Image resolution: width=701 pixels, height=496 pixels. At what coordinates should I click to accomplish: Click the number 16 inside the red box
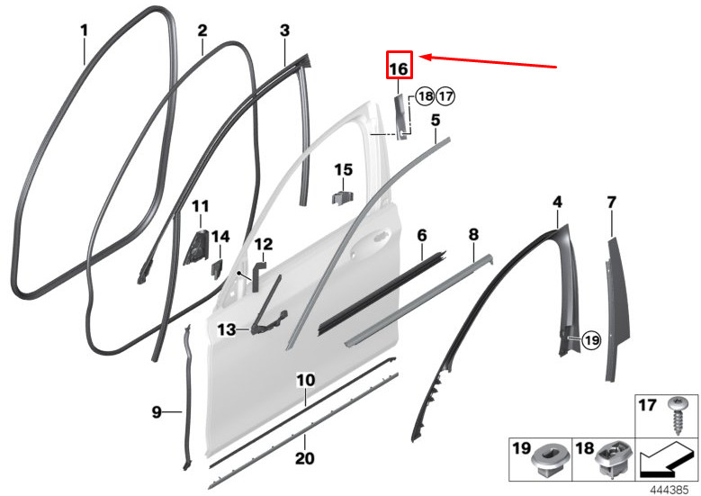pos(399,69)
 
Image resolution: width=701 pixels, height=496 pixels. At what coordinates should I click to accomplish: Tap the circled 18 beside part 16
pos(425,95)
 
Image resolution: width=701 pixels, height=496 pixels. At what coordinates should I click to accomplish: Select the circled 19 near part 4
pos(592,340)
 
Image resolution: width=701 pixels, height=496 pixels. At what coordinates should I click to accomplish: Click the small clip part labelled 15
pos(343,197)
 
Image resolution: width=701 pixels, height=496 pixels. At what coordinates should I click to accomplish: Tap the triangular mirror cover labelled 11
pos(196,248)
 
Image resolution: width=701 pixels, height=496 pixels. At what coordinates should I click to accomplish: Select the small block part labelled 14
pos(217,270)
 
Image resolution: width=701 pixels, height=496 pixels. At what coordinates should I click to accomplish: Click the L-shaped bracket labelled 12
pos(257,277)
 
